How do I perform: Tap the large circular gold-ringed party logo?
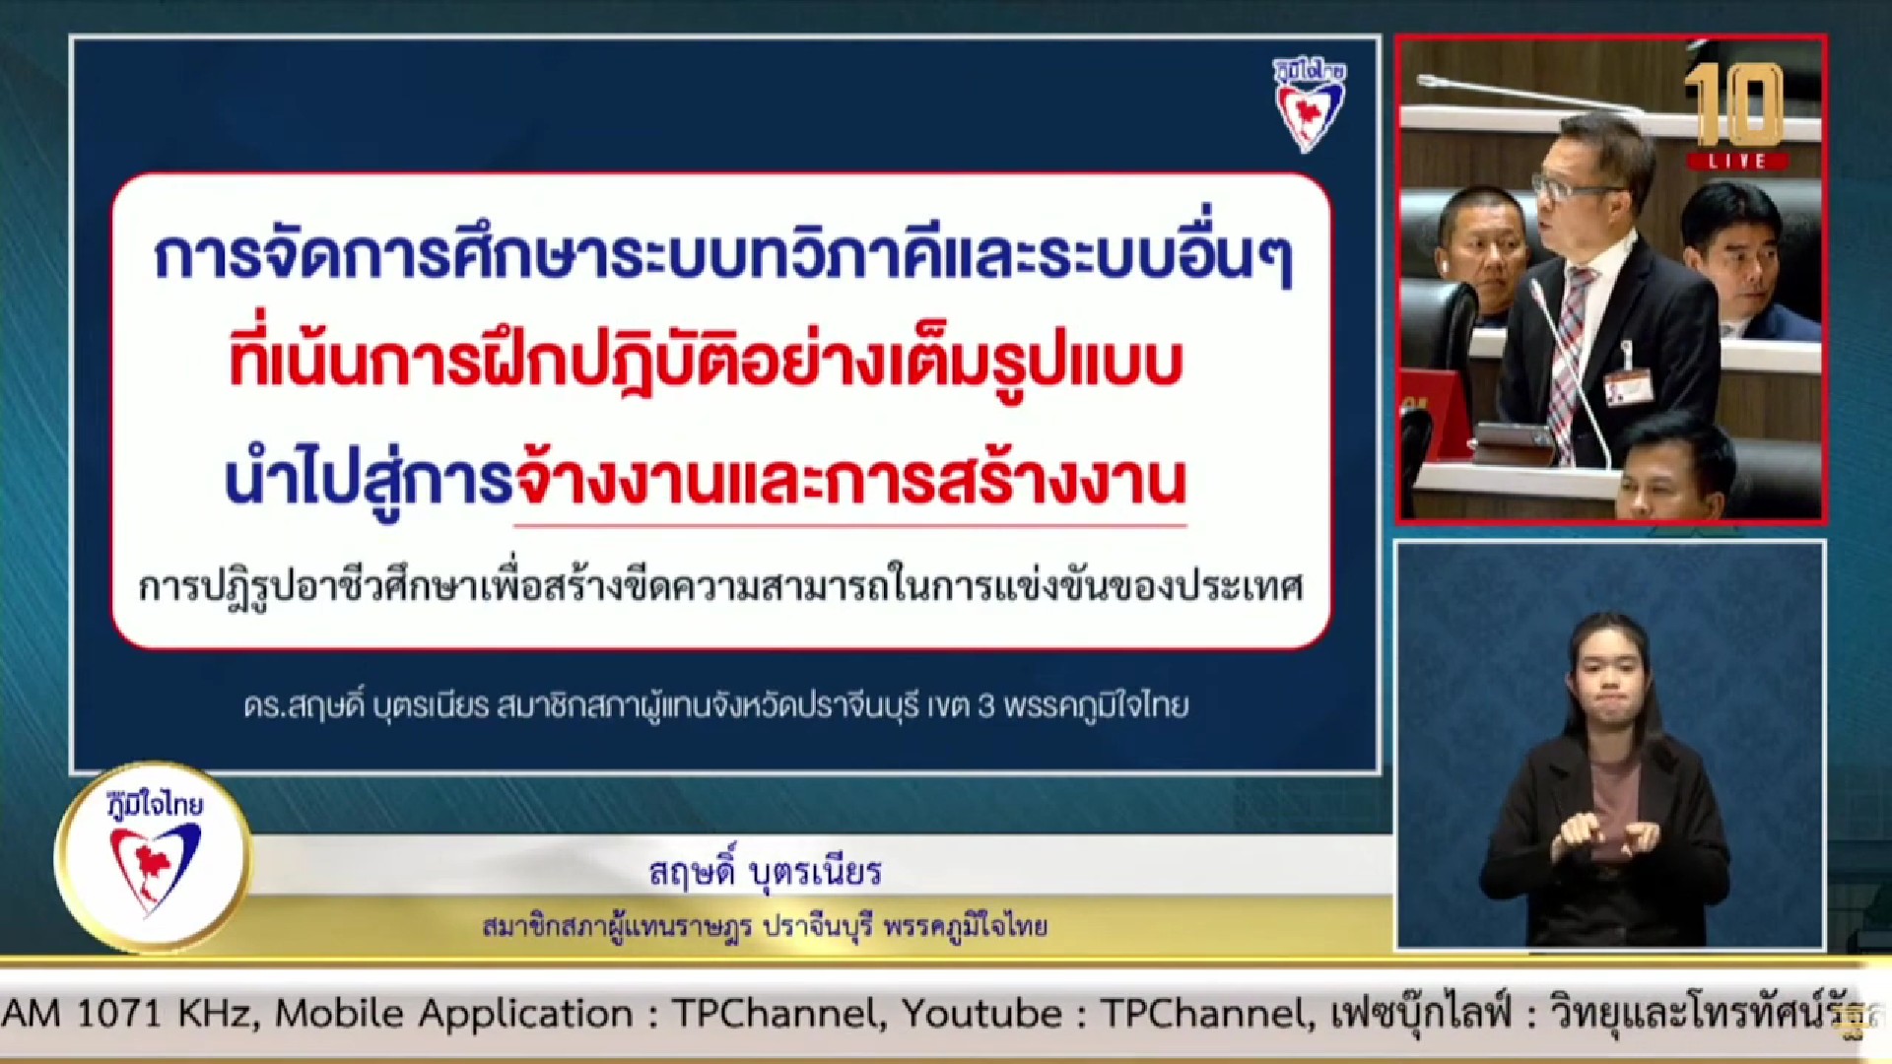click(x=153, y=856)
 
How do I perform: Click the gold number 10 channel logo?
click(x=1735, y=105)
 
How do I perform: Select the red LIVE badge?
click(x=1736, y=161)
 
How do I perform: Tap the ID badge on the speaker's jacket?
click(x=1628, y=385)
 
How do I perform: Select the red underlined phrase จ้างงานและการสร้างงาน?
click(x=850, y=482)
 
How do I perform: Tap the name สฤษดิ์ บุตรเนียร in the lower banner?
click(x=765, y=872)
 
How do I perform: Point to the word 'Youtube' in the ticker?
click(x=981, y=1013)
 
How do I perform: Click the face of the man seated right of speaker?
click(x=1732, y=264)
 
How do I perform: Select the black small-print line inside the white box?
click(x=721, y=586)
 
